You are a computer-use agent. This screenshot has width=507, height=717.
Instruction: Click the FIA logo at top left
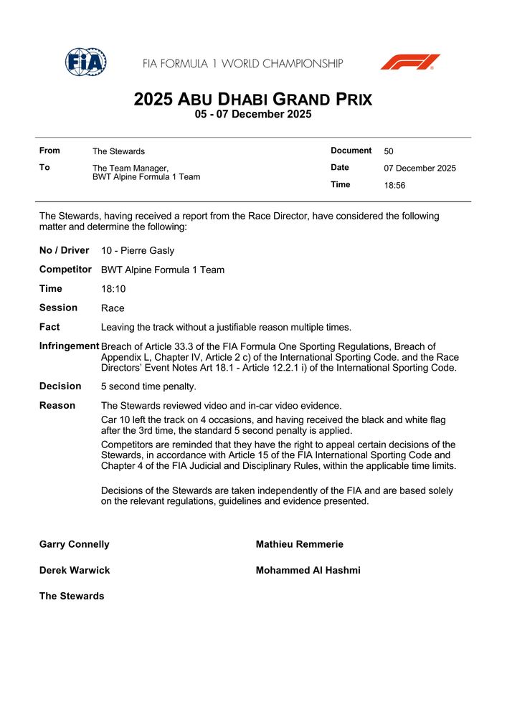[x=86, y=62]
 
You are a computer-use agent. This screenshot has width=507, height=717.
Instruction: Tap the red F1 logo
[x=409, y=62]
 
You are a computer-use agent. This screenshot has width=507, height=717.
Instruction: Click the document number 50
[x=389, y=151]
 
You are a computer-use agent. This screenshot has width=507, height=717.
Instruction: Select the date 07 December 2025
[x=420, y=168]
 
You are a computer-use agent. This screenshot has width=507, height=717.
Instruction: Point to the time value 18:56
[x=395, y=186]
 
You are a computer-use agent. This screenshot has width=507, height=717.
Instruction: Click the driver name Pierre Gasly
[x=138, y=251]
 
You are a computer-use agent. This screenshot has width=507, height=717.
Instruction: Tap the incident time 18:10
[x=113, y=289]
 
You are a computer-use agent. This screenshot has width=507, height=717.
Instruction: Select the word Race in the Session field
[x=113, y=308]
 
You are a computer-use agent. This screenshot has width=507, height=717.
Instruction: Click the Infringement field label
[x=69, y=346]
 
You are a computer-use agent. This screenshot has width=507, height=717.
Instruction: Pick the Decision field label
[x=60, y=386]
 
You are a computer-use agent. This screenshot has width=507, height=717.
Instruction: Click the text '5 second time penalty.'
[x=148, y=386]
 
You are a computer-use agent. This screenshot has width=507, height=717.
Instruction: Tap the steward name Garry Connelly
[x=74, y=544]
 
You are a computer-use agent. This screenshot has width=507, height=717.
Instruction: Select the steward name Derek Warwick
[x=74, y=570]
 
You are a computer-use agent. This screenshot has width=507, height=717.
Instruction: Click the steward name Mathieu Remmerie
[x=299, y=544]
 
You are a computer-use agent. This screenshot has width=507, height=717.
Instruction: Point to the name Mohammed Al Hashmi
[x=308, y=570]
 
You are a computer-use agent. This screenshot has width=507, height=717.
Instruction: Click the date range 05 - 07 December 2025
[x=253, y=115]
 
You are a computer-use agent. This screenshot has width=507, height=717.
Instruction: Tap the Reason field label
[x=57, y=405]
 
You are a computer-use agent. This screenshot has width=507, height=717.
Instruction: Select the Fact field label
[x=49, y=327]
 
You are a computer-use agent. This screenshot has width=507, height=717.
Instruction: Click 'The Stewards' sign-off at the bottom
[x=71, y=596]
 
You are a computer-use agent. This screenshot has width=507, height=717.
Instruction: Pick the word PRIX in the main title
[x=347, y=100]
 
